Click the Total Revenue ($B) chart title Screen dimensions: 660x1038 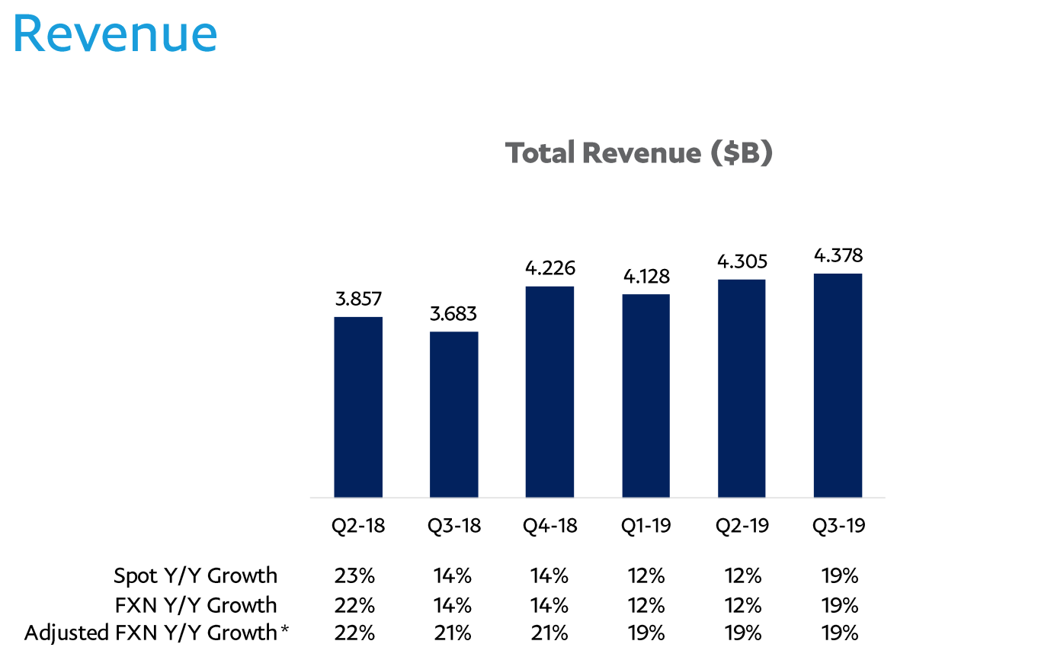[x=639, y=153]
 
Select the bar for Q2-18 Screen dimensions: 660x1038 [x=358, y=407]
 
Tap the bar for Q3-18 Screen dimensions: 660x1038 [x=454, y=415]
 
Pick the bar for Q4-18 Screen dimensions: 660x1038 [x=549, y=392]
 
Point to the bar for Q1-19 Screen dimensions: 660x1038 [x=646, y=396]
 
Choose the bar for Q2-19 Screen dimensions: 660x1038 [x=742, y=389]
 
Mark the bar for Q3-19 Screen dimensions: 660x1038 [x=838, y=386]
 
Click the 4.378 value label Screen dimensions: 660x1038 [x=838, y=255]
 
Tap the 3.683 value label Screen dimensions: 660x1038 [x=454, y=313]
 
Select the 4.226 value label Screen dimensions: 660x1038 [x=549, y=268]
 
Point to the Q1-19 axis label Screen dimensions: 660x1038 [x=646, y=526]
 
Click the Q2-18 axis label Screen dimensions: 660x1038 [x=358, y=526]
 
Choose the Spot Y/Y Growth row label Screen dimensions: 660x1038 [x=195, y=575]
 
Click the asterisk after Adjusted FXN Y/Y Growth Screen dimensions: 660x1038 [x=285, y=630]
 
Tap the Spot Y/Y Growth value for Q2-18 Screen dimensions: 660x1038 [x=354, y=575]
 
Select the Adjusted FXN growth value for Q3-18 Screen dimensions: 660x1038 [x=453, y=633]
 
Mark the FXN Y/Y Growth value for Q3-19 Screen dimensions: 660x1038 [x=839, y=605]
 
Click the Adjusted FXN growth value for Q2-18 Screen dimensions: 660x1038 [x=354, y=633]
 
